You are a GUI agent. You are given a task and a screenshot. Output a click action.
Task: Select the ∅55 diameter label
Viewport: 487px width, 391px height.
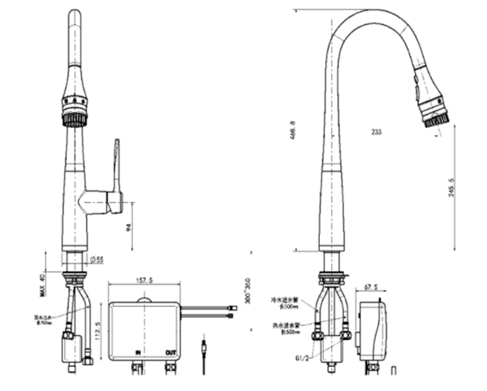click(x=96, y=260)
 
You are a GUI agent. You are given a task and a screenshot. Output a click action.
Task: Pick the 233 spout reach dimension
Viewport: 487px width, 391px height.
click(x=376, y=131)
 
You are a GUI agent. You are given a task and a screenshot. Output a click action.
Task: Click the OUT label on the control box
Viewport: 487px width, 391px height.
click(x=171, y=353)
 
